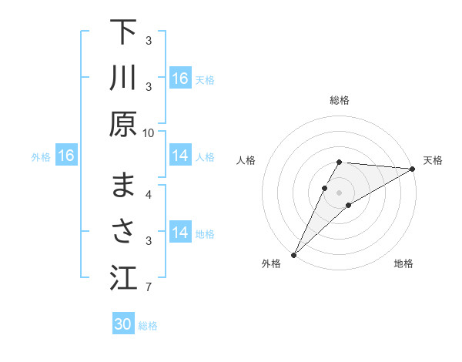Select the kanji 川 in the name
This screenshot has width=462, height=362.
tap(123, 79)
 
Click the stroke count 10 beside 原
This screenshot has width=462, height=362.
tap(149, 132)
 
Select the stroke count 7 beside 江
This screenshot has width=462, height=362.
tap(149, 288)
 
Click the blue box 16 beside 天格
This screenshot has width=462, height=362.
tap(180, 79)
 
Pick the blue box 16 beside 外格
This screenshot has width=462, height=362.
tap(65, 156)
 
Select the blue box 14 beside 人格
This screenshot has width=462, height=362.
tap(180, 156)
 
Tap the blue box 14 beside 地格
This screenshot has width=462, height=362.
tap(180, 233)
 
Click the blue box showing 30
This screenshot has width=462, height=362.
tap(123, 324)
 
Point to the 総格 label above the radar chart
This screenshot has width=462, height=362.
tap(340, 100)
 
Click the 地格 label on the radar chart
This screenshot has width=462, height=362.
tap(403, 264)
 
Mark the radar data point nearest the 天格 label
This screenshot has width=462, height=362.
tap(413, 169)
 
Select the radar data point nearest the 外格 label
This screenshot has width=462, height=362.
tap(293, 255)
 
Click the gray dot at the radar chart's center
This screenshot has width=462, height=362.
tap(340, 192)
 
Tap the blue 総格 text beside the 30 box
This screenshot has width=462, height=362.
tap(148, 326)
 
